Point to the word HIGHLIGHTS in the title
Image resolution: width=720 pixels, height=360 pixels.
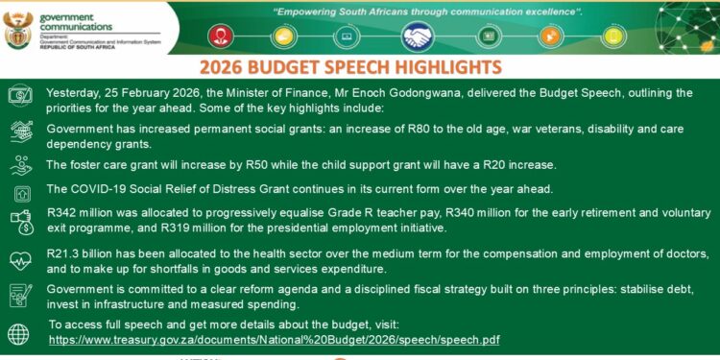click(x=448, y=68)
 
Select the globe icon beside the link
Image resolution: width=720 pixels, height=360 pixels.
click(x=18, y=333)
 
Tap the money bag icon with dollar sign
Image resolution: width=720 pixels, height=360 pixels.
click(x=19, y=223)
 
